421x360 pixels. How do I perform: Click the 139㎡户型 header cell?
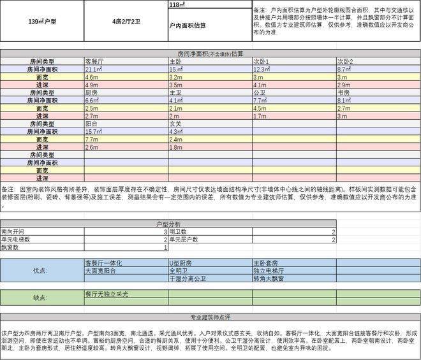(x=42, y=21)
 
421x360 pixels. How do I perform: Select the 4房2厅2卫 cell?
(x=126, y=21)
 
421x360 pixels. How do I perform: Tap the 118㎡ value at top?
(x=177, y=4)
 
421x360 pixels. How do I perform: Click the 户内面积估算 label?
(x=188, y=26)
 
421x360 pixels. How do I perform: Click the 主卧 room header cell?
(x=175, y=61)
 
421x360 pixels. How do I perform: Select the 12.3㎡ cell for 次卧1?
(x=263, y=69)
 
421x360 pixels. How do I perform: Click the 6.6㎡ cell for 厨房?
(x=92, y=100)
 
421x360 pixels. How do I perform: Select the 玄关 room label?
(x=175, y=124)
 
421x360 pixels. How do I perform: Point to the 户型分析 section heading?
(x=168, y=224)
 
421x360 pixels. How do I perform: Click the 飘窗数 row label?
(x=11, y=247)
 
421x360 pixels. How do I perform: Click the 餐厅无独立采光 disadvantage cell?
(x=107, y=294)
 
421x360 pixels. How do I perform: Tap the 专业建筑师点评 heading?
(x=210, y=317)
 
